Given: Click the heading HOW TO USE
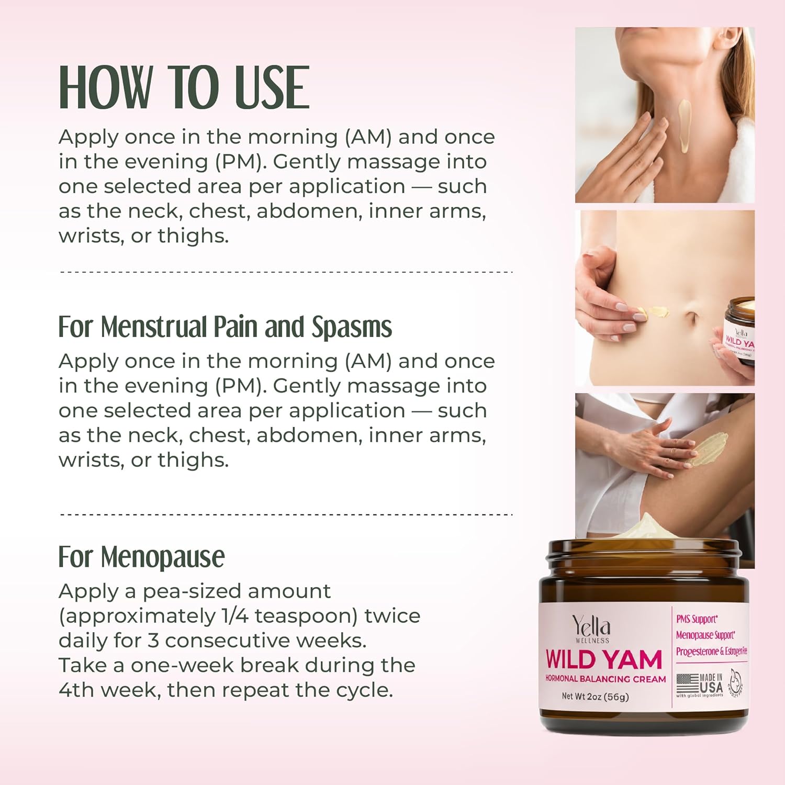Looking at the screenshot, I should tap(184, 87).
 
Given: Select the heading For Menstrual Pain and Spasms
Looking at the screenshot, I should tap(225, 327).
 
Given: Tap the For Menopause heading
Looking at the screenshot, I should tap(141, 557).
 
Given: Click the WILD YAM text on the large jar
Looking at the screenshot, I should tap(603, 659).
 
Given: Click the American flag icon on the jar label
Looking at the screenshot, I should tap(687, 683).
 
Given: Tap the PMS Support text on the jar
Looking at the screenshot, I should tap(697, 619).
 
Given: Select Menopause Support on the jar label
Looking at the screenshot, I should tap(705, 635).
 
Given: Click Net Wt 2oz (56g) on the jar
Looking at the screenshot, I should tap(595, 697).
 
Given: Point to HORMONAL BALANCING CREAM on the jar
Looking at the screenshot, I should tap(605, 679).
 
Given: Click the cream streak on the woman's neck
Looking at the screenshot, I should tap(684, 126).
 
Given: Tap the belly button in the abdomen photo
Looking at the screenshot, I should tap(692, 318).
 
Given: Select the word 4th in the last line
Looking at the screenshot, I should tap(76, 690).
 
